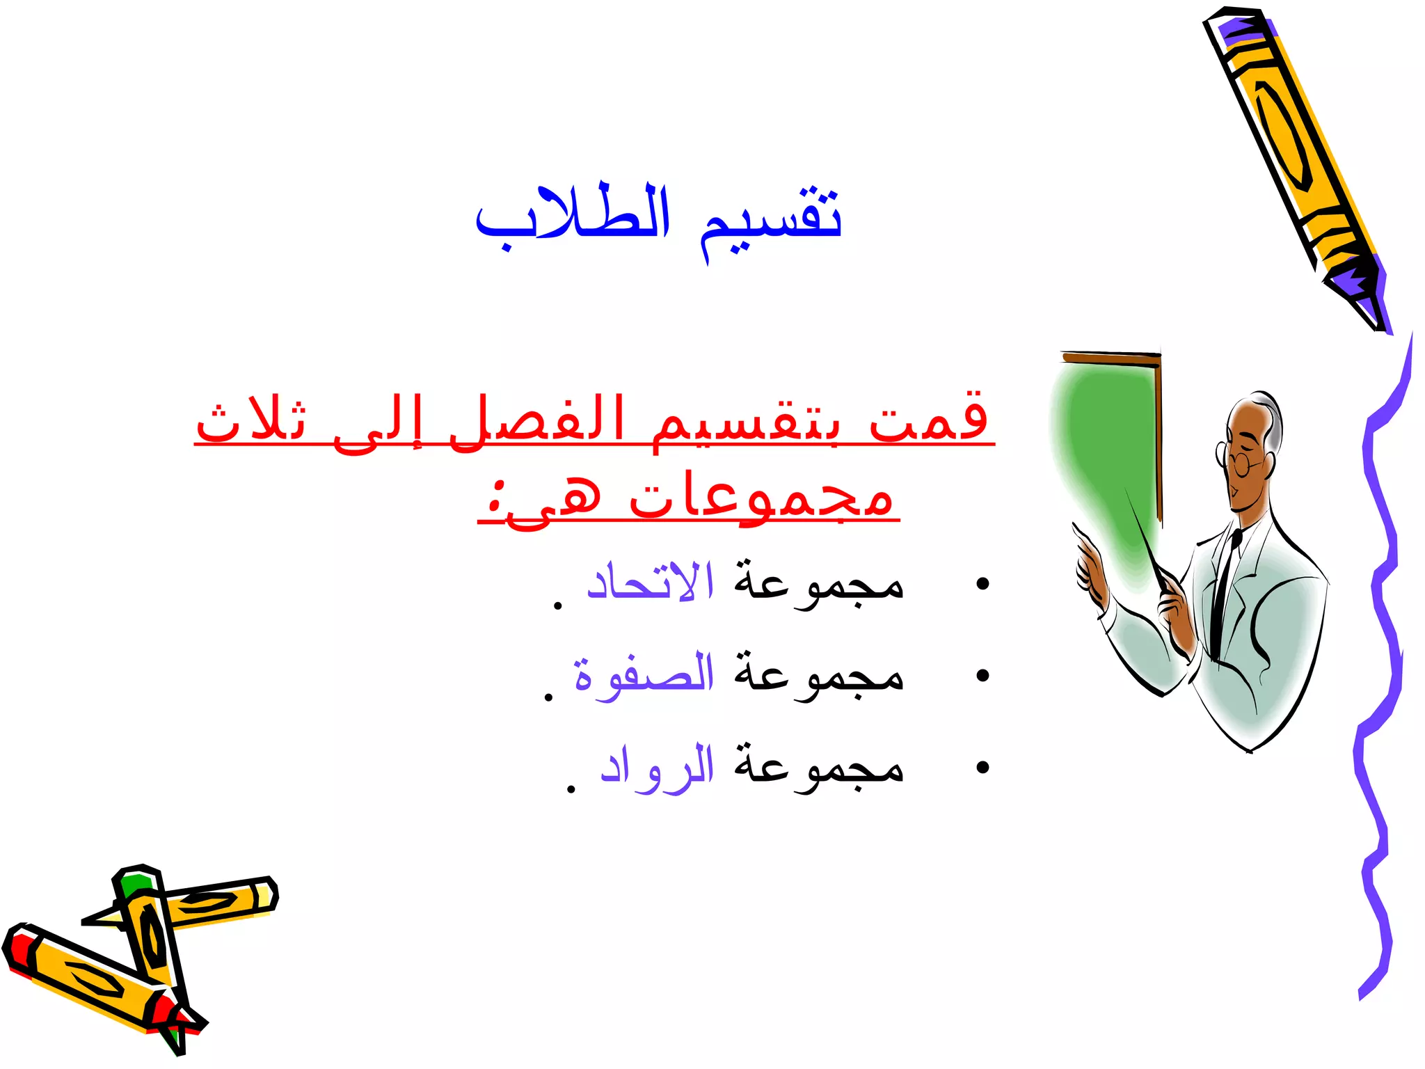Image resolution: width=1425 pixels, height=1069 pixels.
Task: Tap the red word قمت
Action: (x=929, y=418)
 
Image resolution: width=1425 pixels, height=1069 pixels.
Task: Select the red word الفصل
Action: (x=536, y=421)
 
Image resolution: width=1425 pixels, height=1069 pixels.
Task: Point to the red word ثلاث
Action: (x=250, y=421)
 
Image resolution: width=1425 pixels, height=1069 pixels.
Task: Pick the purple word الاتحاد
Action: (x=650, y=582)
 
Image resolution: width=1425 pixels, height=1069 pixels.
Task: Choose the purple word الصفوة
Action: (x=644, y=674)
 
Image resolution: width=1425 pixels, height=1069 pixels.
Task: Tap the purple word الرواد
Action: (x=657, y=766)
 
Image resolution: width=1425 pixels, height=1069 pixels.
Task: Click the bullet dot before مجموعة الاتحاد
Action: (x=982, y=583)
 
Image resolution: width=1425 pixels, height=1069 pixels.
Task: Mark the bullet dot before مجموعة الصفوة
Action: (x=982, y=675)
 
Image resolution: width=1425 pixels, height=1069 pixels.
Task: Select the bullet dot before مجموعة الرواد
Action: (x=982, y=767)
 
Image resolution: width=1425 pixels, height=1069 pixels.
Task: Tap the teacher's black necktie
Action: (x=1225, y=592)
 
